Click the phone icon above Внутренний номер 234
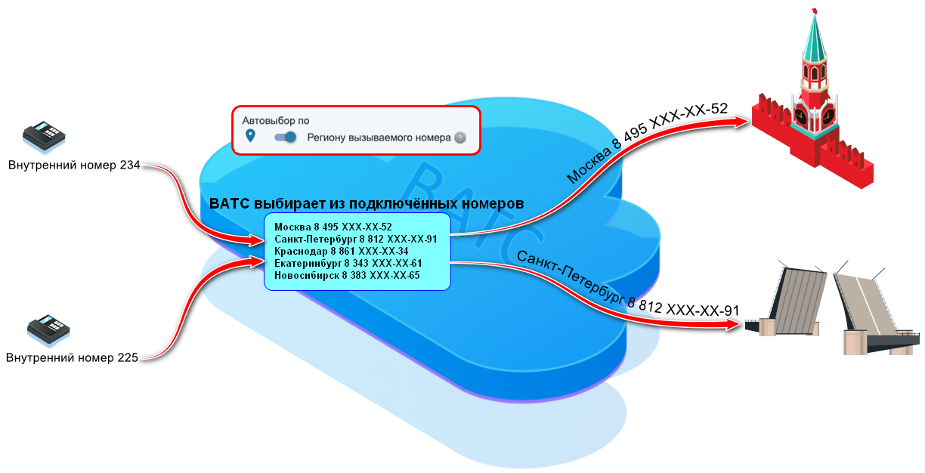click(44, 136)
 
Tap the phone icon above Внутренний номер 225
click(48, 329)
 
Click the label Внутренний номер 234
click(74, 165)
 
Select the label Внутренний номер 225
click(72, 358)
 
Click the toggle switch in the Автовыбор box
click(285, 138)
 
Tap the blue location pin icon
click(251, 136)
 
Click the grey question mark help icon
click(459, 138)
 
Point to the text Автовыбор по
click(275, 120)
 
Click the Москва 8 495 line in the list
click(333, 227)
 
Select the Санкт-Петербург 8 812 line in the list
click(355, 239)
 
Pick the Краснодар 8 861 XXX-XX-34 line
click(342, 251)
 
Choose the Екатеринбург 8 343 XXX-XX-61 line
click(348, 263)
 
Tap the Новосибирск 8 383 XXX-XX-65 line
click(347, 275)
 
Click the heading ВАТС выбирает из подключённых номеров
click(367, 204)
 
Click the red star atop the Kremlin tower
click(815, 10)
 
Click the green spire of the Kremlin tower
click(815, 38)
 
